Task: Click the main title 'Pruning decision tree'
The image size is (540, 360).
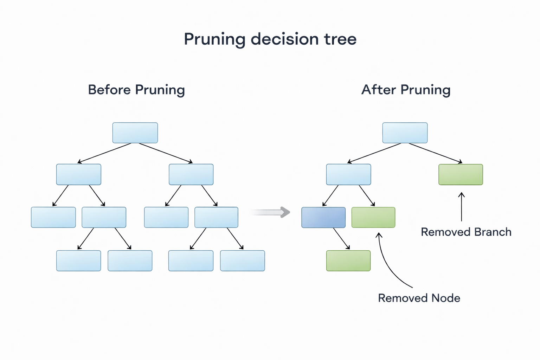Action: [270, 39]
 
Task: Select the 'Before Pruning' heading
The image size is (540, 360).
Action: [136, 90]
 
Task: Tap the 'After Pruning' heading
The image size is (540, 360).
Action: [406, 90]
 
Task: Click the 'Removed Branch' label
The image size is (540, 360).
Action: [466, 232]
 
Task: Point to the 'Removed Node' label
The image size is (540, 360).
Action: [419, 298]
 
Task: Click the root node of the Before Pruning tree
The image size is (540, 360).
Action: [135, 133]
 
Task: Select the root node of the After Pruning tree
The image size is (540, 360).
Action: [405, 133]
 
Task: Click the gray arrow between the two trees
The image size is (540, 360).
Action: [271, 212]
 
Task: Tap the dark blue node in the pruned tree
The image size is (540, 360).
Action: [323, 218]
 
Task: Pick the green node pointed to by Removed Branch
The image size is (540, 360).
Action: [461, 174]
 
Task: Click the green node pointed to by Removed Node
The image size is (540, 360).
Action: [373, 218]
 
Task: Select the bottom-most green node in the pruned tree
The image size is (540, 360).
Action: [348, 261]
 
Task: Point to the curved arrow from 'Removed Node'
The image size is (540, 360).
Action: [387, 264]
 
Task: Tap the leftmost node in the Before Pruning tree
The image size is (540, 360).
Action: [53, 218]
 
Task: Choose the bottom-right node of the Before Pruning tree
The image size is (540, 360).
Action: [242, 261]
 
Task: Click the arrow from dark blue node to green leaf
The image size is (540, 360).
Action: [341, 239]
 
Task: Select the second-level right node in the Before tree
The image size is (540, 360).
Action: [191, 174]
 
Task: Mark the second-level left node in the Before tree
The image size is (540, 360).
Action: [78, 174]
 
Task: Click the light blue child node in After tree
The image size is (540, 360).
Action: [348, 174]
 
